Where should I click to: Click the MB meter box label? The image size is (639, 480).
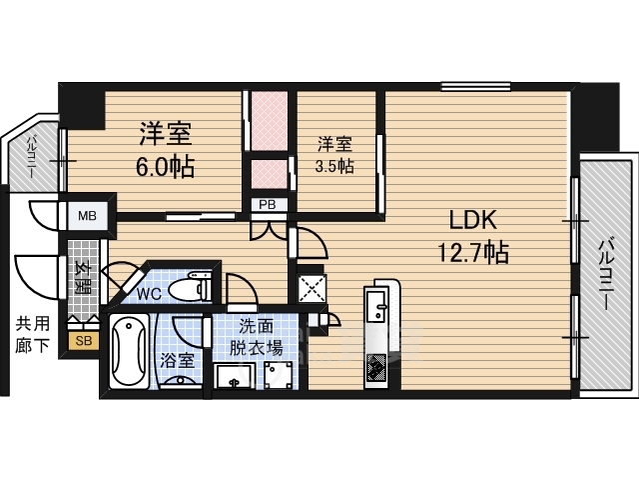(87, 215)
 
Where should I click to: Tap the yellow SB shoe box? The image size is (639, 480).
(84, 340)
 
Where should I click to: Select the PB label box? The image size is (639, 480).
(268, 204)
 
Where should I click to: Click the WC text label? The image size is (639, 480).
(149, 293)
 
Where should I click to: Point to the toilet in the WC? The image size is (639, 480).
(191, 288)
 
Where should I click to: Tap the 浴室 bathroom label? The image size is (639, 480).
(177, 360)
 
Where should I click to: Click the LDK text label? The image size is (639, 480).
(472, 220)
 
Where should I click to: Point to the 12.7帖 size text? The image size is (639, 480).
(472, 252)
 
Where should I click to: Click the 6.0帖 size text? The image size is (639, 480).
(165, 167)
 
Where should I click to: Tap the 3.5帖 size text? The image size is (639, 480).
(334, 166)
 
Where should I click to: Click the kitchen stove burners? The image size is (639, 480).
(376, 367)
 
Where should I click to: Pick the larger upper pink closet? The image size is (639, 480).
(269, 120)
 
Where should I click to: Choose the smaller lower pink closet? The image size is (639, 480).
(269, 174)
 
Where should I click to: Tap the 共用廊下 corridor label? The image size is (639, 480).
(33, 334)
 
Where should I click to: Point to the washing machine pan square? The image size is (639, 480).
(313, 289)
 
